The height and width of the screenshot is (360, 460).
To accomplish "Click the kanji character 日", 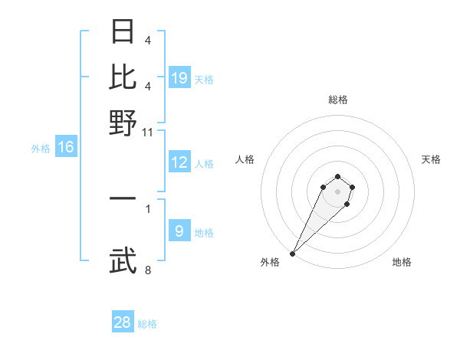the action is pyautogui.click(x=123, y=31).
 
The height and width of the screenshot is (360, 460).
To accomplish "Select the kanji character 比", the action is pyautogui.click(x=123, y=77).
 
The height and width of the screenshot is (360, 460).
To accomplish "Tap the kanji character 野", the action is pyautogui.click(x=123, y=123).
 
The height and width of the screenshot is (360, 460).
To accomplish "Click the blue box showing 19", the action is pyautogui.click(x=179, y=77).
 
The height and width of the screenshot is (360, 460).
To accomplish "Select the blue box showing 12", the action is pyautogui.click(x=179, y=162).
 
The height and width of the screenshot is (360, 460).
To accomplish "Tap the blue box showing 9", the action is pyautogui.click(x=179, y=231).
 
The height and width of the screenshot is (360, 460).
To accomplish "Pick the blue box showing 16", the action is pyautogui.click(x=66, y=147).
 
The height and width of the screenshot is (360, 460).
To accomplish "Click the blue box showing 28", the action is pyautogui.click(x=123, y=322).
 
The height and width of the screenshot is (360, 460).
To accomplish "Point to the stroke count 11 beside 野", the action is pyautogui.click(x=148, y=132).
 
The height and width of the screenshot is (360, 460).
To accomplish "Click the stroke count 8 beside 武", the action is pyautogui.click(x=148, y=270).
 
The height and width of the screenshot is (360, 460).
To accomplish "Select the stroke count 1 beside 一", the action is pyautogui.click(x=148, y=208).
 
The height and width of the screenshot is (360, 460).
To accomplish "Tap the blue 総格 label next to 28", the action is pyautogui.click(x=147, y=324).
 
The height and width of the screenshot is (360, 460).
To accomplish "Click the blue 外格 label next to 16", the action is pyautogui.click(x=41, y=149).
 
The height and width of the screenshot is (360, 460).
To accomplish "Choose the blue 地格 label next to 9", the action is pyautogui.click(x=204, y=233).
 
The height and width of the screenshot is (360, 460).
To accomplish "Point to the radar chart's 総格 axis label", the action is pyautogui.click(x=337, y=100).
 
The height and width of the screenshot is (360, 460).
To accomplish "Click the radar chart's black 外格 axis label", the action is pyautogui.click(x=270, y=262).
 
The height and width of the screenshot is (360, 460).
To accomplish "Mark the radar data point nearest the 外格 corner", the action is pyautogui.click(x=292, y=254).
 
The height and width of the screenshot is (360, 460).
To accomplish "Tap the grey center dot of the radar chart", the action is pyautogui.click(x=337, y=191).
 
